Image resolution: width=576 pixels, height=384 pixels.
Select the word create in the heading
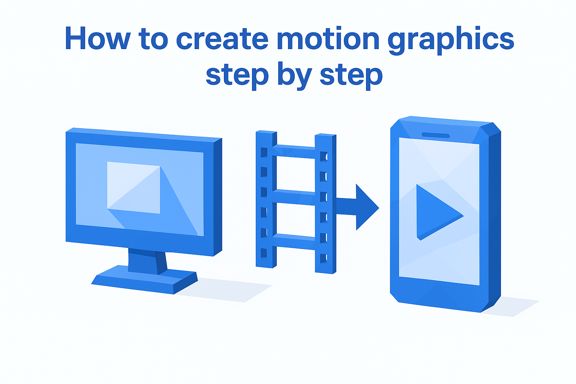coord(222,39)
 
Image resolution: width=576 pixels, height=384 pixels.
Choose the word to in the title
coord(153,39)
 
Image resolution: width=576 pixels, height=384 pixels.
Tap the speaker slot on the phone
coord(435,135)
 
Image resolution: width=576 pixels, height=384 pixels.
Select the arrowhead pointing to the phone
coord(366,207)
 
